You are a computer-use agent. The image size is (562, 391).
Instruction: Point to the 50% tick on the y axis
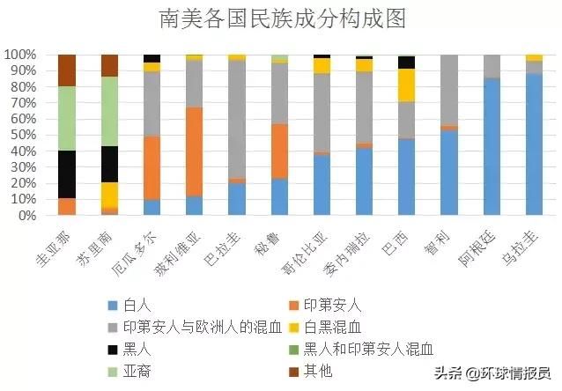(20, 135)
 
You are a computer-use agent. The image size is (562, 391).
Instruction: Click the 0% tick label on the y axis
(24, 216)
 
